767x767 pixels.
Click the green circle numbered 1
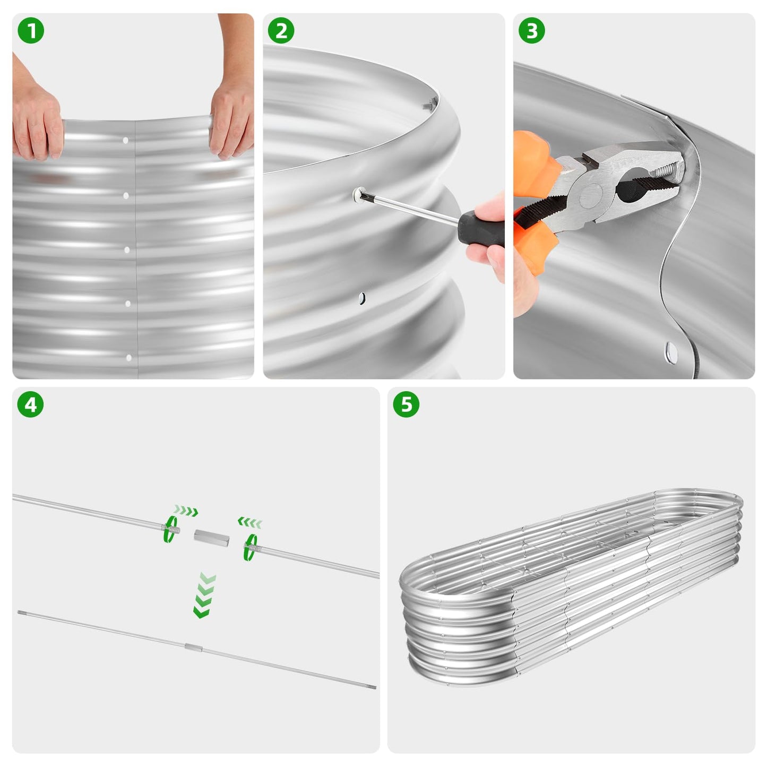(31, 31)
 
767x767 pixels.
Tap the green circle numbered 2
(281, 31)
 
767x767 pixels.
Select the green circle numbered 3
(531, 31)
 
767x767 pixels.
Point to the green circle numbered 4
(31, 404)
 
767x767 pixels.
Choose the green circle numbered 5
(406, 404)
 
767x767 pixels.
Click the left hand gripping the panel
(37, 125)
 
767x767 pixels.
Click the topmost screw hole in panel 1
(126, 141)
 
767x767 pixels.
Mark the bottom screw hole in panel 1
(128, 358)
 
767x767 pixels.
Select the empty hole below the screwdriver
(361, 298)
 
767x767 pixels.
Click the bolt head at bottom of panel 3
(670, 350)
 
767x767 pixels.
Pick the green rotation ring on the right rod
(250, 547)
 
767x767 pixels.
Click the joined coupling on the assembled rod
(193, 647)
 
